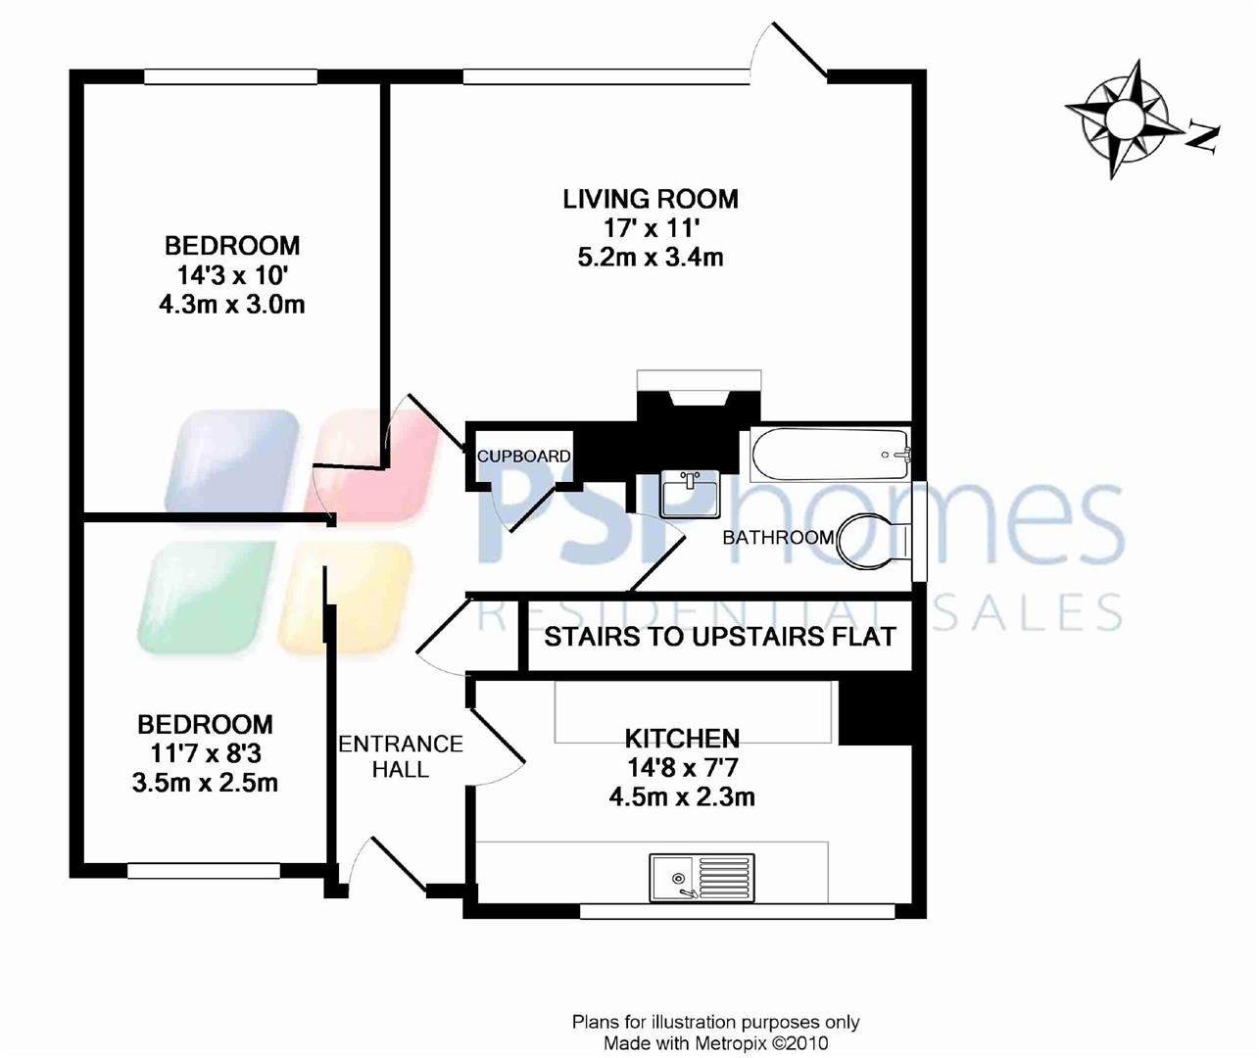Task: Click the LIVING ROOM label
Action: (x=650, y=199)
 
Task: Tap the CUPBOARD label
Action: (x=523, y=457)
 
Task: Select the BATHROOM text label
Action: (x=778, y=537)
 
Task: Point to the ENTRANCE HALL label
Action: (x=400, y=756)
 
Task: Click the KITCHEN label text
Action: (x=682, y=738)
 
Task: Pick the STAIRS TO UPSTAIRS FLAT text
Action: (x=719, y=637)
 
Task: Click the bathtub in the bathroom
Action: (x=831, y=454)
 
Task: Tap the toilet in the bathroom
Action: (x=875, y=540)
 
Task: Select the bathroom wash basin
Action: (x=690, y=493)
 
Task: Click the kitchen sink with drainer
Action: (x=702, y=876)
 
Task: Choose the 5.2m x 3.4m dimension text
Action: (x=651, y=258)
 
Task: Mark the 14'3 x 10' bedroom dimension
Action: (x=231, y=275)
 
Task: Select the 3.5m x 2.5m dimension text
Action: (x=205, y=784)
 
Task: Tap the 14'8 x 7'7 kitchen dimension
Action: (x=682, y=767)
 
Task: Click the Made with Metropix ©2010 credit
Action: (x=715, y=1043)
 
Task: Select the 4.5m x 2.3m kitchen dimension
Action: (x=682, y=796)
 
